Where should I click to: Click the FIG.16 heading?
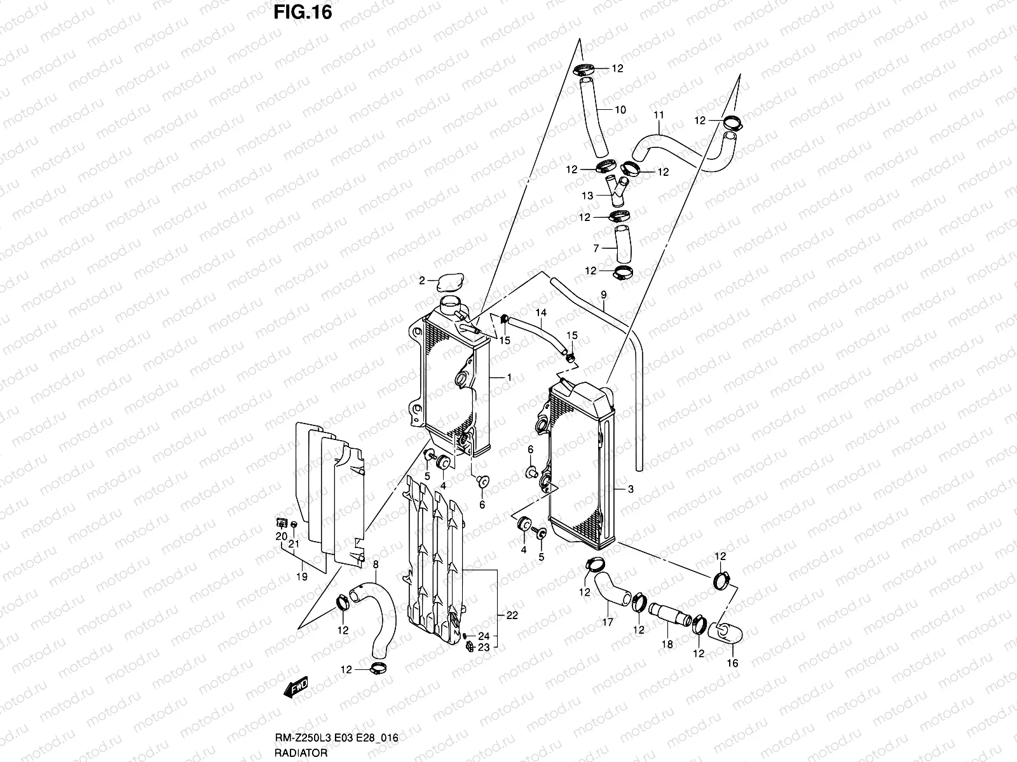tap(303, 13)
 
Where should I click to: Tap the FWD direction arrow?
tap(297, 687)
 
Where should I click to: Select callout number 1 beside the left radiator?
tap(508, 378)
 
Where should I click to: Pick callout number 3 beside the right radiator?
tap(630, 489)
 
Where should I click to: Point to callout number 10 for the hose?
tap(620, 110)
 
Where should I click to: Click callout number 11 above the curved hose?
tap(659, 115)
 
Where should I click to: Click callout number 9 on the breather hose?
tap(603, 295)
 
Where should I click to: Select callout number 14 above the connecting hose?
tap(541, 312)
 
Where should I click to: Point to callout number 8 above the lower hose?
tap(375, 564)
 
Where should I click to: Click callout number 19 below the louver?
tap(302, 577)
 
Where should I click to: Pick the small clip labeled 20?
tap(280, 524)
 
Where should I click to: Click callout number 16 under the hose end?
tap(732, 663)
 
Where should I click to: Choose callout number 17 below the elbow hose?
tap(607, 622)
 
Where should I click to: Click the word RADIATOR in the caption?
tap(302, 753)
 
